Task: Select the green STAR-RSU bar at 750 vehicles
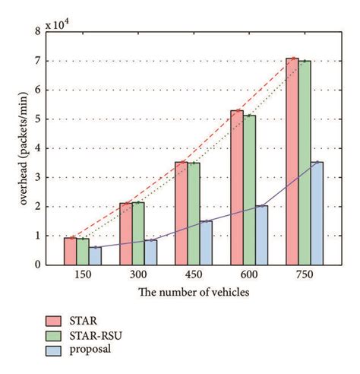click(304, 163)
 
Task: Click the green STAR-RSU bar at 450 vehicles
click(194, 214)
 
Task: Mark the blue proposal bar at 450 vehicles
click(207, 242)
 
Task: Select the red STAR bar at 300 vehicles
click(126, 233)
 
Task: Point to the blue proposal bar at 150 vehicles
click(95, 255)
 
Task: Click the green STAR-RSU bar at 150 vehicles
click(83, 252)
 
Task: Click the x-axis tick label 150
click(83, 274)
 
